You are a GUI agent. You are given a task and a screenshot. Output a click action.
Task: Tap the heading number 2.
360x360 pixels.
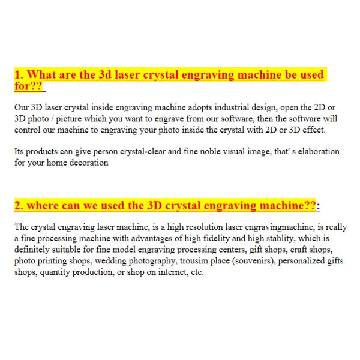pyautogui.click(x=17, y=206)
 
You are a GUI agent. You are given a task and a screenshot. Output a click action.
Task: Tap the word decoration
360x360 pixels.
pyautogui.click(x=88, y=162)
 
